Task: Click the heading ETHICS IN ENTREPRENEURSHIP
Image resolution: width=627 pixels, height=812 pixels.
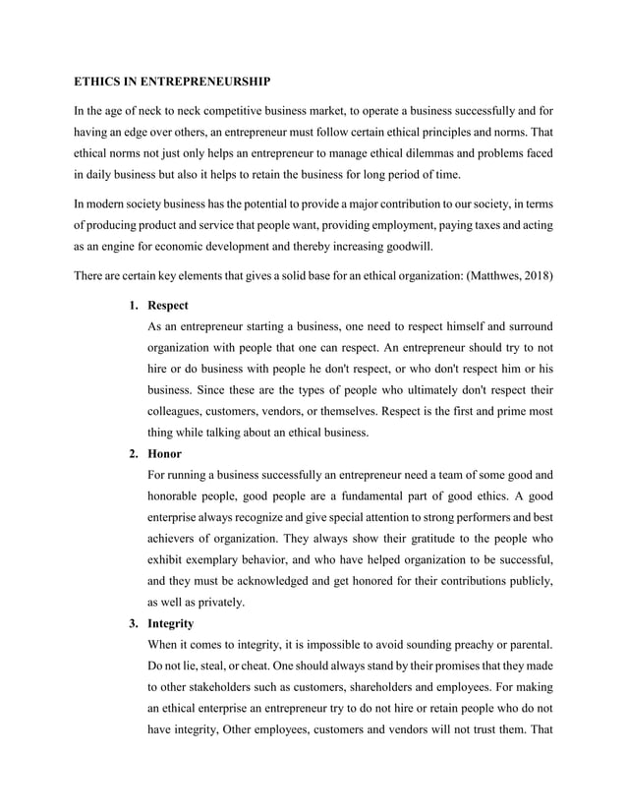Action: tap(172, 79)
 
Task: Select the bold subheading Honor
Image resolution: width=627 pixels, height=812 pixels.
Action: tap(164, 454)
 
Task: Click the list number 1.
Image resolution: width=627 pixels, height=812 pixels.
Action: tap(133, 305)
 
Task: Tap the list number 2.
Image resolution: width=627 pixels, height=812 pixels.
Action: tap(133, 454)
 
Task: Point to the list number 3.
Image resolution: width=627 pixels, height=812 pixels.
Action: tap(133, 624)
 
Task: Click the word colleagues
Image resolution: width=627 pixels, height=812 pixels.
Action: tap(176, 411)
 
